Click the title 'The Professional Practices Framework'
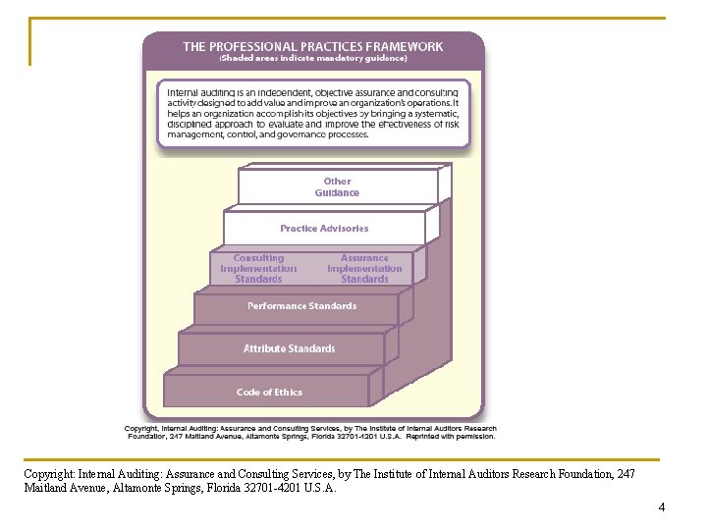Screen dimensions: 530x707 point(312,45)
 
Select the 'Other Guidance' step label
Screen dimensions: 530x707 point(337,186)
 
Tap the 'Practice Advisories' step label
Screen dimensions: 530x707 point(324,229)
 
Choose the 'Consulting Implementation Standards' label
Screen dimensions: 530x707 point(258,268)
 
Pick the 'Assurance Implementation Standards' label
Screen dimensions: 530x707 point(364,268)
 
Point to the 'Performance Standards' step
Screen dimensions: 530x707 point(301,306)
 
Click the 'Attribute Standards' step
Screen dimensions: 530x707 point(289,348)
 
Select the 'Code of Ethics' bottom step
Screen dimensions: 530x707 point(269,393)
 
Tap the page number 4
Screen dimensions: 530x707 point(661,507)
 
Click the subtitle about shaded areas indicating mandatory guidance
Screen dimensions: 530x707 point(312,58)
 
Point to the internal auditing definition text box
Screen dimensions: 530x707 point(312,113)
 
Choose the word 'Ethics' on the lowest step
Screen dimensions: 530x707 point(288,393)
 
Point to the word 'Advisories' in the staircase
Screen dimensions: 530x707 point(343,229)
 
